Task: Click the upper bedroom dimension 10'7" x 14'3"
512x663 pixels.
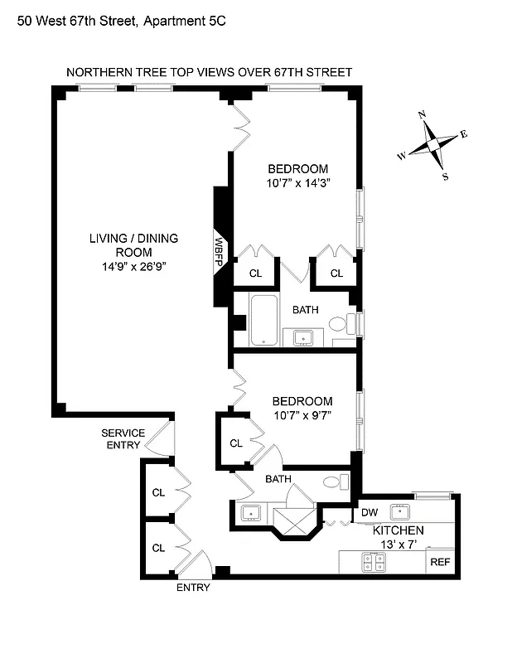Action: [298, 184]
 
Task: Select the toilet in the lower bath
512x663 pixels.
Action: [332, 482]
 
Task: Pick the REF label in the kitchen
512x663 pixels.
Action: [439, 562]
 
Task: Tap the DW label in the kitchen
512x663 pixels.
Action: [370, 514]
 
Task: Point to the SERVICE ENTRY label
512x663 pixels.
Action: [123, 439]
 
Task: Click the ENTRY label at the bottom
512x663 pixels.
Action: [193, 588]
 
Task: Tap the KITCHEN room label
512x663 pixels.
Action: [398, 530]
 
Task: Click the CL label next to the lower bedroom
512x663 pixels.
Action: [236, 443]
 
